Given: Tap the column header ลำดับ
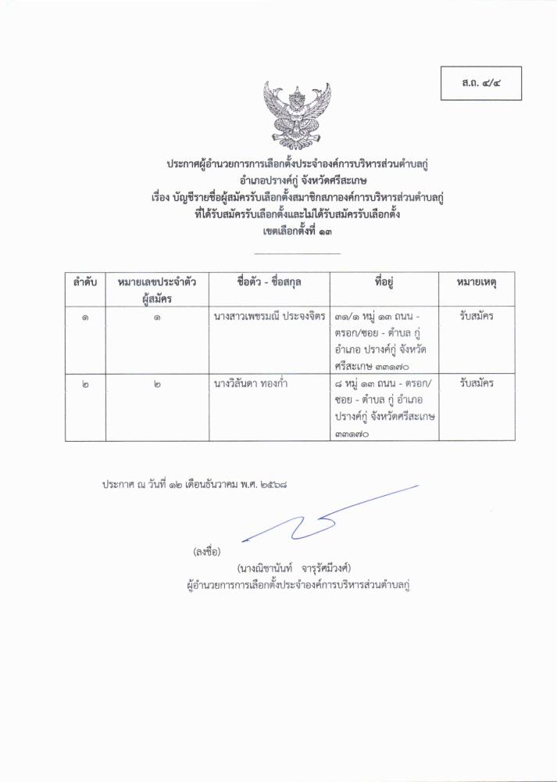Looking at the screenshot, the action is [x=85, y=282].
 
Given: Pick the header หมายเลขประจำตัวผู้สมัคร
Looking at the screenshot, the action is [x=158, y=289].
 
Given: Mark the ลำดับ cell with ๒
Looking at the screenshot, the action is [x=85, y=386].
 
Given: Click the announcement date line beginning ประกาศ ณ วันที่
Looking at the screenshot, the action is [x=195, y=485].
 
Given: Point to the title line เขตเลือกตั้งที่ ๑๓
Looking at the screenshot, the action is [x=298, y=231].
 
